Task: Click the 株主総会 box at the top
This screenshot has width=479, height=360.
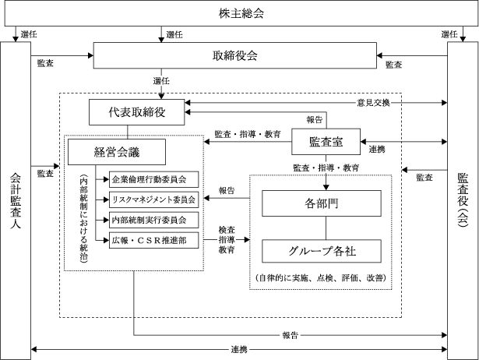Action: tap(239, 13)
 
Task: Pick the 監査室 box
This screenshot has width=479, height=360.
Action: tap(326, 143)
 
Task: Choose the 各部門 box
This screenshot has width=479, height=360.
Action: tap(322, 203)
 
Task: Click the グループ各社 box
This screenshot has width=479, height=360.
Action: tap(322, 251)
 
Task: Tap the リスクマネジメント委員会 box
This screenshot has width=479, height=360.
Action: tap(154, 199)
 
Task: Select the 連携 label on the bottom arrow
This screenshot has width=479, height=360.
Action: tap(239, 349)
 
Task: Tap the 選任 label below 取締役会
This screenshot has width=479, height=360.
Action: tap(162, 81)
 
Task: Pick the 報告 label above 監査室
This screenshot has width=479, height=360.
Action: tap(314, 120)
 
